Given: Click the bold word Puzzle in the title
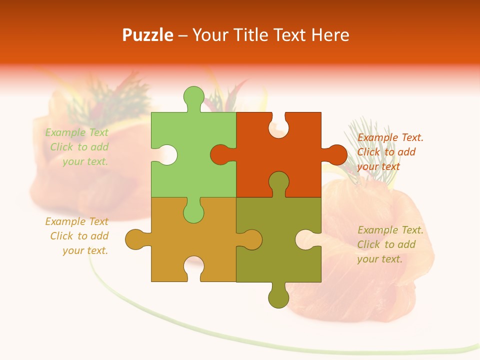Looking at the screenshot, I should [x=148, y=35].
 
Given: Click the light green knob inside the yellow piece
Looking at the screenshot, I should [x=193, y=211].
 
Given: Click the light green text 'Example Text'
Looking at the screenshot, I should [x=76, y=132].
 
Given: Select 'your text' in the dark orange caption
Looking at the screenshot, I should [x=378, y=166].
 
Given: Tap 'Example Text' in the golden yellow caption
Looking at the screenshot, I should [x=76, y=221].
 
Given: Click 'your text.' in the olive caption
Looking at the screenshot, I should [x=379, y=259].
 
